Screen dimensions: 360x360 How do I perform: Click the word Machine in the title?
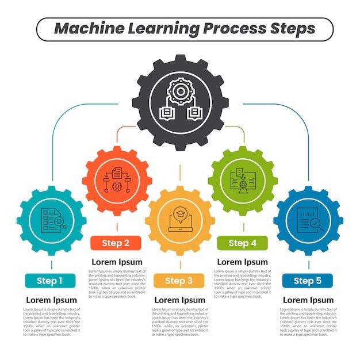[x=87, y=29]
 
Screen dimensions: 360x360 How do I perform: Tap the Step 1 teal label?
[x=51, y=281]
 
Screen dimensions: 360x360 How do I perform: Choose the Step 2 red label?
[x=116, y=243]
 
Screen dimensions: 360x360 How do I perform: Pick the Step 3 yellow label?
[x=179, y=281]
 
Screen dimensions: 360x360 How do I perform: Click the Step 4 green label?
[x=242, y=243]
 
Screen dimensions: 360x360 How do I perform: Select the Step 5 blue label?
[x=308, y=281]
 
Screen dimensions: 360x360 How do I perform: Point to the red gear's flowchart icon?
[x=116, y=179]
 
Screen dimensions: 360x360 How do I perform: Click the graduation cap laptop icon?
[x=179, y=218]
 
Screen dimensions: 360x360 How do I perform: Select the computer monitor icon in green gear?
[x=242, y=179]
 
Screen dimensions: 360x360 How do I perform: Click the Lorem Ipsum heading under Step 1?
[x=51, y=300]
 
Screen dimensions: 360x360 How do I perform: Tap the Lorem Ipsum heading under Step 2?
[x=117, y=262]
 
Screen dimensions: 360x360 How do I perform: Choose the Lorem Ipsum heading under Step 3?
[x=179, y=300]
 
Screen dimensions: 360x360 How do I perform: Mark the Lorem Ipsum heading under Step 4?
[x=242, y=262]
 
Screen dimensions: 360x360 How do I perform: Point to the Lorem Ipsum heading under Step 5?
[x=308, y=300]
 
